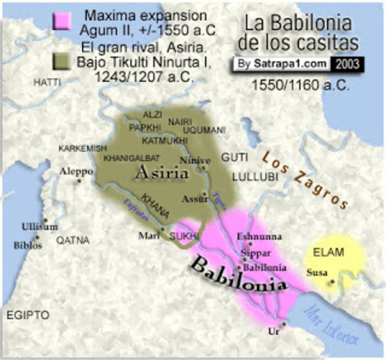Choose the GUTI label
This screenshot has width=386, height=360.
point(234,157)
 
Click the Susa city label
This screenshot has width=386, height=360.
point(318,273)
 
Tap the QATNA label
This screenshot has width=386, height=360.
point(73,241)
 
